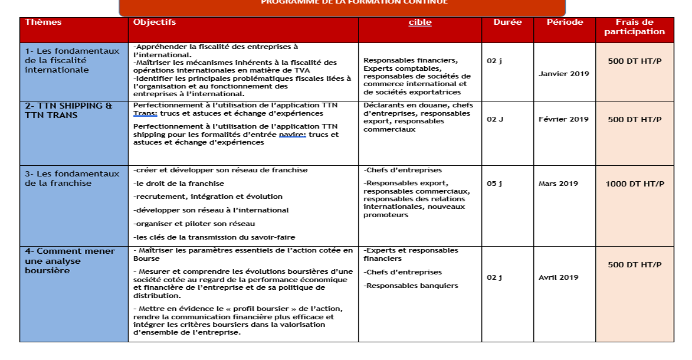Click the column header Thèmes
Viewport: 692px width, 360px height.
point(43,22)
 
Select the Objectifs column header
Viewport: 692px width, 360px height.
point(155,22)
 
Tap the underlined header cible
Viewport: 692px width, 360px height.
point(420,23)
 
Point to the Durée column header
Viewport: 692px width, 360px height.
point(507,22)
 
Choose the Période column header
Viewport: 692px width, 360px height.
point(565,22)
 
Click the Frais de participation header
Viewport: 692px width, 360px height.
point(634,27)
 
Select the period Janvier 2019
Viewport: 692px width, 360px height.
point(563,74)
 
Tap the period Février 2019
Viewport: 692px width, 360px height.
point(563,119)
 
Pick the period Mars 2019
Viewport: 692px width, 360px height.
point(558,184)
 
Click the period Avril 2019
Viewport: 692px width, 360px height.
point(558,277)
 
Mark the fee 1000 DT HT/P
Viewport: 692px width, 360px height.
point(635,184)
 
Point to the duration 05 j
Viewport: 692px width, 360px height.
point(494,184)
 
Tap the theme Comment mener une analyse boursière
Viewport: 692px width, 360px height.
point(70,261)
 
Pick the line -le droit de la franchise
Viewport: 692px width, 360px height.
point(179,184)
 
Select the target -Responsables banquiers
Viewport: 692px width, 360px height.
point(411,286)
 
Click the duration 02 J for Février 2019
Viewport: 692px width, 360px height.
point(495,119)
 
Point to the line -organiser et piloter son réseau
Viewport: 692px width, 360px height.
point(194,224)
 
